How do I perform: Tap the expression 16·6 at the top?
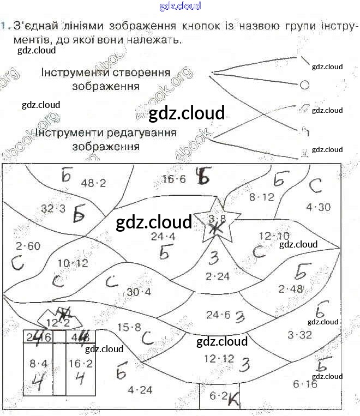coord(174,179)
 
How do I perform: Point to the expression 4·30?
coord(319,207)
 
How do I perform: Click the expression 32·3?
coord(53,208)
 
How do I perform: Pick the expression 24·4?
coord(163,236)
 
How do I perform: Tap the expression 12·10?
coord(274,236)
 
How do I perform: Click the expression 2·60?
coord(28,246)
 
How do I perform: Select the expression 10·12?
coord(73,263)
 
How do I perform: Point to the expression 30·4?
coord(139,292)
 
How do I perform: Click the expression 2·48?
coord(290,289)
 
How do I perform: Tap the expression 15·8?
coord(129,327)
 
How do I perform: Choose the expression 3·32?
coord(299,335)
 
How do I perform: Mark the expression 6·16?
coord(305,384)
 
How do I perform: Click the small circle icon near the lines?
coord(304,85)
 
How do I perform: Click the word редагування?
coord(142,132)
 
